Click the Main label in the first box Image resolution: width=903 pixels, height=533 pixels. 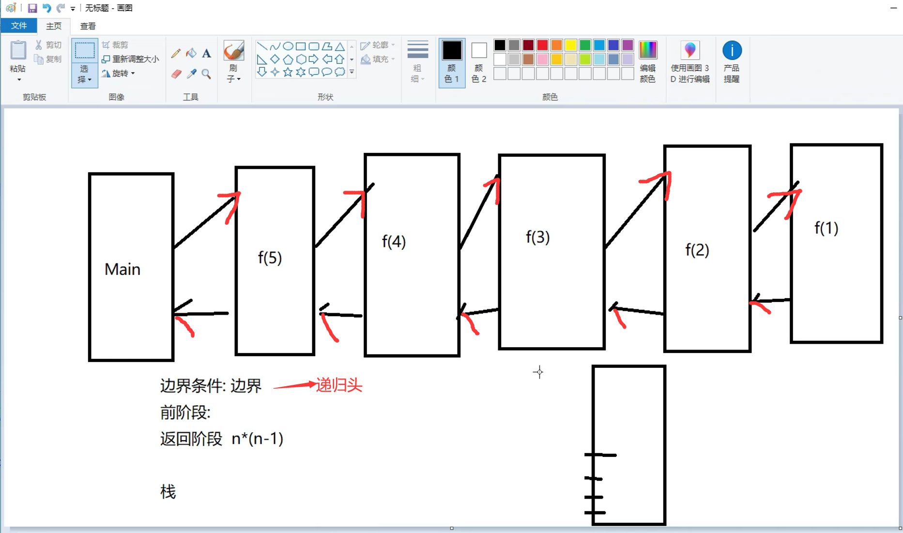tap(122, 269)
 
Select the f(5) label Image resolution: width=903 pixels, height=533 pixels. tap(270, 258)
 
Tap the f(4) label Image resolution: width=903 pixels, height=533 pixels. tap(394, 241)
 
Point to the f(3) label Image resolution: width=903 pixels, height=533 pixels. tap(537, 237)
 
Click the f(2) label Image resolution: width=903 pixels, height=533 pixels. tap(697, 250)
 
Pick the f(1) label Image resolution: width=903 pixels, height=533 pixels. tap(826, 228)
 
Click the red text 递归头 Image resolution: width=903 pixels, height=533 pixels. tap(339, 385)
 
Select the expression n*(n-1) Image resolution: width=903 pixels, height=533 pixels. tap(257, 439)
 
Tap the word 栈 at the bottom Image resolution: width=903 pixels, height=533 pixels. tap(168, 492)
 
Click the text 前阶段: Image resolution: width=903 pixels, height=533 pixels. tap(185, 412)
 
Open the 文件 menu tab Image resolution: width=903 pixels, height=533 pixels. tap(19, 26)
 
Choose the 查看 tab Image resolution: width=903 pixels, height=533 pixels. tap(88, 26)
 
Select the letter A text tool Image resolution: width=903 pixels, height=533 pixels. tap(207, 53)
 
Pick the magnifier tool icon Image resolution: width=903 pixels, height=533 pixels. tap(206, 74)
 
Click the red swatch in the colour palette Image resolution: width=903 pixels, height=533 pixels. tap(542, 45)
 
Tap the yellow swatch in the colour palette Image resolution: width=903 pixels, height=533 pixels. tap(571, 45)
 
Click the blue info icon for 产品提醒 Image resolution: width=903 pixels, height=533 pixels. tap(732, 50)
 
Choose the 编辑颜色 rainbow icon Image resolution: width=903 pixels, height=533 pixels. tap(648, 50)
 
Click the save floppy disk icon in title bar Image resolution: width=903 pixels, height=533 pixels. tap(32, 8)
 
